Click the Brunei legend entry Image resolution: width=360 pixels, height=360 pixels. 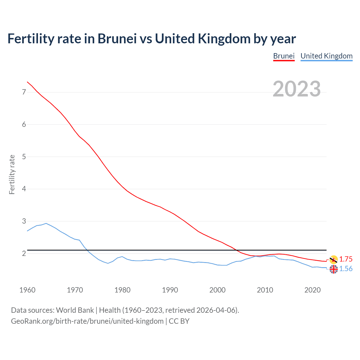pyautogui.click(x=284, y=56)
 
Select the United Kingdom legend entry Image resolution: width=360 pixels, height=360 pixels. pyautogui.click(x=326, y=56)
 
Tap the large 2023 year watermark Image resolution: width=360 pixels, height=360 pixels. pyautogui.click(x=296, y=89)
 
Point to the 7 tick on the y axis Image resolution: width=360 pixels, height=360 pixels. pyautogui.click(x=24, y=92)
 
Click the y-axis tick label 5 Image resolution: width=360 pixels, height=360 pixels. pyautogui.click(x=24, y=157)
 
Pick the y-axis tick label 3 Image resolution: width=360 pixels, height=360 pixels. pyautogui.click(x=24, y=221)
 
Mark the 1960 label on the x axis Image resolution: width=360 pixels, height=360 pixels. pyautogui.click(x=27, y=290)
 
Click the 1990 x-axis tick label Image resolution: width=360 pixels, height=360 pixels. pyautogui.click(x=170, y=290)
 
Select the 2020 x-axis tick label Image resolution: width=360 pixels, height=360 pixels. pyautogui.click(x=312, y=290)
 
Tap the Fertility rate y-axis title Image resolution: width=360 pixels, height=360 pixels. pyautogui.click(x=12, y=174)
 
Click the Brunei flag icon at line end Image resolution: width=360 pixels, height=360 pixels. pyautogui.click(x=334, y=259)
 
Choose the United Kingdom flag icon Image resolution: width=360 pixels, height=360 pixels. pyautogui.click(x=334, y=269)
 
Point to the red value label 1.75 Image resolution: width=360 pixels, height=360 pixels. pyautogui.click(x=346, y=259)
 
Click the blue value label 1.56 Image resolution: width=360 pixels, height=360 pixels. pyautogui.click(x=346, y=269)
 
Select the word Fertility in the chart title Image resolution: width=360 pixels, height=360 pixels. pyautogui.click(x=30, y=39)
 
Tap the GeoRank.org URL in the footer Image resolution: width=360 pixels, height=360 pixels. pyautogui.click(x=87, y=321)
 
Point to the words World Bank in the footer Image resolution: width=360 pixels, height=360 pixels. pyautogui.click(x=75, y=310)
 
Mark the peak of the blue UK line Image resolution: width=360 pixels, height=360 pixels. pyautogui.click(x=46, y=223)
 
